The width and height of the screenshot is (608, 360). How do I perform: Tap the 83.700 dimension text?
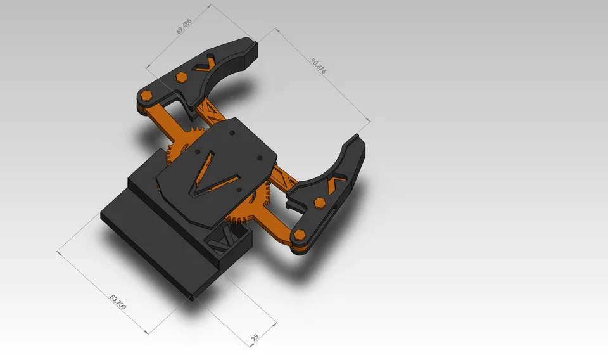(x=118, y=302)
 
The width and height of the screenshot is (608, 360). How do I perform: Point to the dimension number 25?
(x=255, y=337)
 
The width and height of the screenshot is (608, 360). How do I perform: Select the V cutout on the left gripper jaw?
(x=206, y=63)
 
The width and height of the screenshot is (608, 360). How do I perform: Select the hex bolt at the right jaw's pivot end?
(x=300, y=238)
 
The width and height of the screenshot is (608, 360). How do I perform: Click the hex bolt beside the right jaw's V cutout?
(x=320, y=203)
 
